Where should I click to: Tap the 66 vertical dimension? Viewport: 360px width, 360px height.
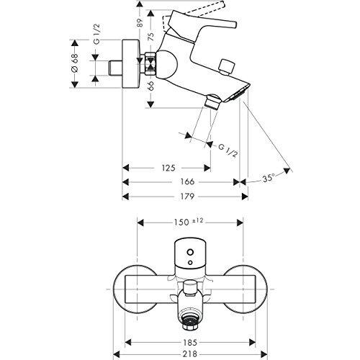tap(150, 87)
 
